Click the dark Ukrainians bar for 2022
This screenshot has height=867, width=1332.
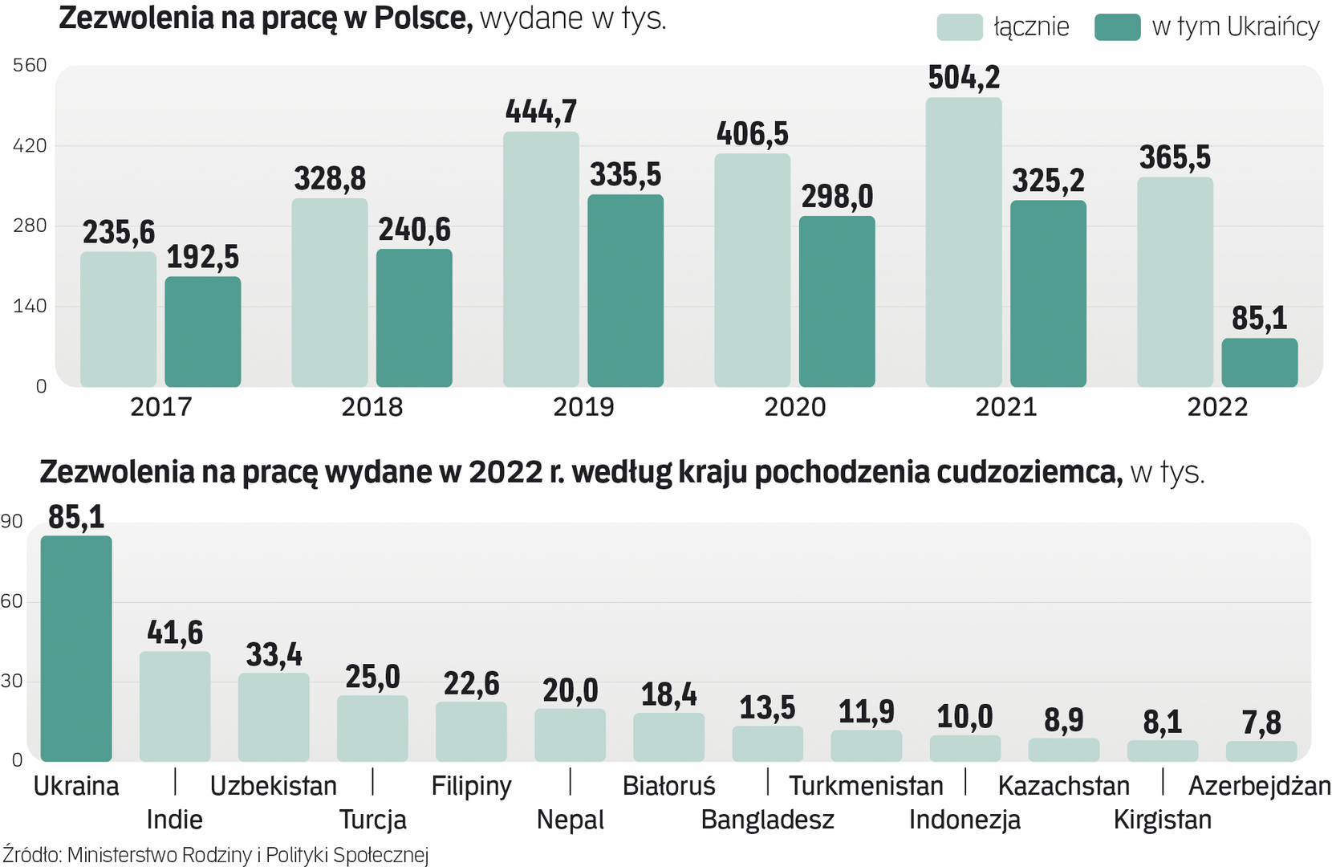click(x=1259, y=363)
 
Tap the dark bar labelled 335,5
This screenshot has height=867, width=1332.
click(x=625, y=291)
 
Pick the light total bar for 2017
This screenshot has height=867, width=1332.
click(x=118, y=320)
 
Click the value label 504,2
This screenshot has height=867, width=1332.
click(x=964, y=78)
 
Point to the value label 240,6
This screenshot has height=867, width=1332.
click(x=414, y=230)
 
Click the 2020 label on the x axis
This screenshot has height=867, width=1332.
click(x=794, y=407)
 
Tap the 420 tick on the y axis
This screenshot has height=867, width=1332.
click(x=30, y=146)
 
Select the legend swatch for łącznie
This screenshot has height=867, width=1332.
click(x=959, y=27)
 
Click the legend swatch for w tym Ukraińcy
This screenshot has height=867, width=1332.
click(x=1117, y=27)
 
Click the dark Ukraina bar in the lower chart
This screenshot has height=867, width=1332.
click(x=76, y=649)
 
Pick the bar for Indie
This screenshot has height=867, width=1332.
click(x=175, y=706)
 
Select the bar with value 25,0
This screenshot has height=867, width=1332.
click(x=372, y=728)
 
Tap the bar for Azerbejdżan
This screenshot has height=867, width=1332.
click(x=1261, y=751)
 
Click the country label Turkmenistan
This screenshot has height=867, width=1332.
click(x=866, y=786)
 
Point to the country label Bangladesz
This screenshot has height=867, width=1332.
click(x=767, y=820)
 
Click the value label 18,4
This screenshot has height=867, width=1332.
click(x=668, y=695)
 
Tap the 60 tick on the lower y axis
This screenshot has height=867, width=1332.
click(x=12, y=601)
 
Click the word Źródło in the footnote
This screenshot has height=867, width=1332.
click(x=31, y=855)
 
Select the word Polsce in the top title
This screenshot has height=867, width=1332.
click(x=423, y=18)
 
